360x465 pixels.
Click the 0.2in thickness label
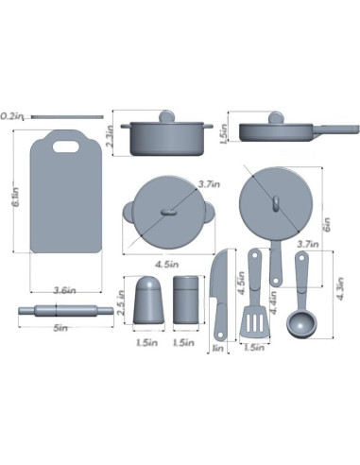coord(13,115)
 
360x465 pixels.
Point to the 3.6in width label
coord(64,289)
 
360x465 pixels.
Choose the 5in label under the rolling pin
coord(60,327)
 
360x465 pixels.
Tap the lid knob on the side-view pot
coord(166,117)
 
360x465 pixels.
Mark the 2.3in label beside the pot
coord(111,140)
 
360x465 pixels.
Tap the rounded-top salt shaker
coord(147,300)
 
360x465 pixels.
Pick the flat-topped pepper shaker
coord(187,301)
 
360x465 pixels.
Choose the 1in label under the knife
coord(217,348)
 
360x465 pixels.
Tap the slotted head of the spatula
coord(253,322)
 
